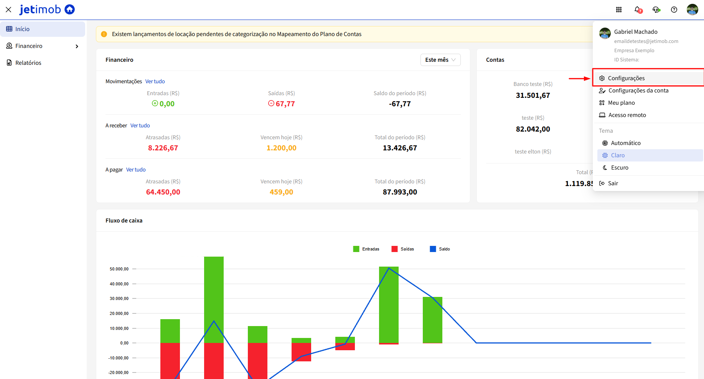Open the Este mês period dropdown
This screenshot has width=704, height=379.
440,60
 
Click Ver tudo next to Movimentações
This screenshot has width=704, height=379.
155,81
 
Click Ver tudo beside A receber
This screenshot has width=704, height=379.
140,125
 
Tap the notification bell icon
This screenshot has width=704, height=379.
638,10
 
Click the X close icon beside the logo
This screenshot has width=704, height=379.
8,10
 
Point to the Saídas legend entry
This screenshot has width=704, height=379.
402,249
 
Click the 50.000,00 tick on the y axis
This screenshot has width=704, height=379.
119,269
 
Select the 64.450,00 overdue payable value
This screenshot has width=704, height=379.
163,192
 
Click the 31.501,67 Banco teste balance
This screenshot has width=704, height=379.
533,96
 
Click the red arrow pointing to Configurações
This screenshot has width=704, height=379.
579,79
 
